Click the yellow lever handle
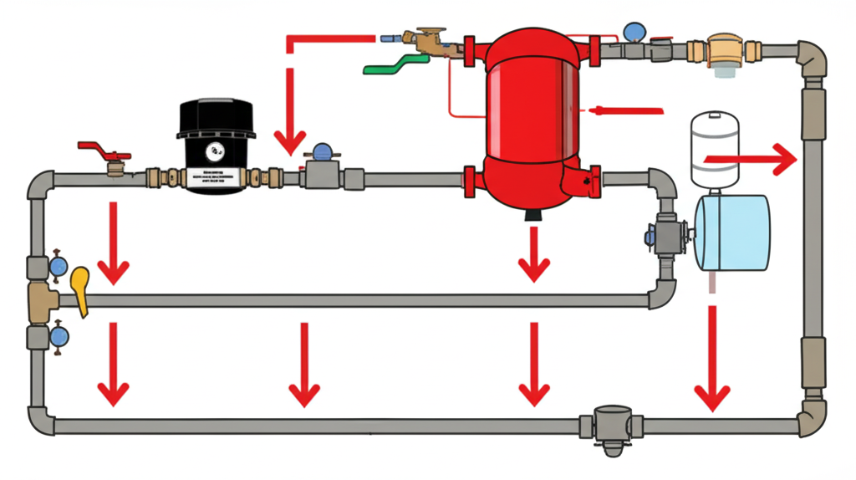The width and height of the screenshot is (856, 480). tap(80, 289)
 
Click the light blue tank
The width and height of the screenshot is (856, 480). tap(732, 232)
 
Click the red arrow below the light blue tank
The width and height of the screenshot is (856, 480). tap(712, 360)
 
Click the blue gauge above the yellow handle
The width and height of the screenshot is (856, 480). tap(58, 265)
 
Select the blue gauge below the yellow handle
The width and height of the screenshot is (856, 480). tap(58, 336)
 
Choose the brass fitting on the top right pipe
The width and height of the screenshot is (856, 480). tap(723, 50)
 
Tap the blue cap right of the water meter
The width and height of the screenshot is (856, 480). tap(321, 152)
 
